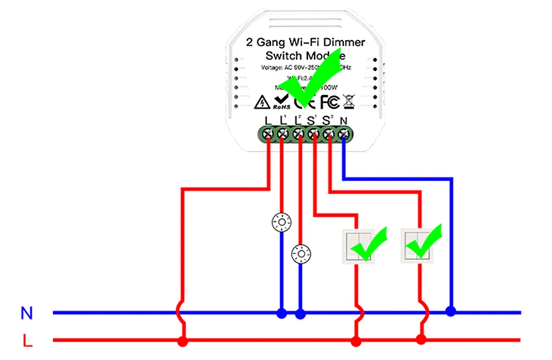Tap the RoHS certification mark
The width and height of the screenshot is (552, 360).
[x=281, y=102]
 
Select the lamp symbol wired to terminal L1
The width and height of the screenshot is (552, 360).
[x=282, y=221]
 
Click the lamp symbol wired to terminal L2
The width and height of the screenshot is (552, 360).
[x=301, y=253]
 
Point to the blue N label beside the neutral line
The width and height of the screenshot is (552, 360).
[x=26, y=313]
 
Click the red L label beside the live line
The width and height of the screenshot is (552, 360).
[x=26, y=340]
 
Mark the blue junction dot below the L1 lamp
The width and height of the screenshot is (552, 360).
[x=282, y=314]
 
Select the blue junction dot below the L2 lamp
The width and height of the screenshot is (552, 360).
[x=301, y=314]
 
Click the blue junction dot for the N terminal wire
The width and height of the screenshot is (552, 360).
[x=450, y=311]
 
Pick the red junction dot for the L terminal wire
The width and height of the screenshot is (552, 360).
[x=183, y=340]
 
